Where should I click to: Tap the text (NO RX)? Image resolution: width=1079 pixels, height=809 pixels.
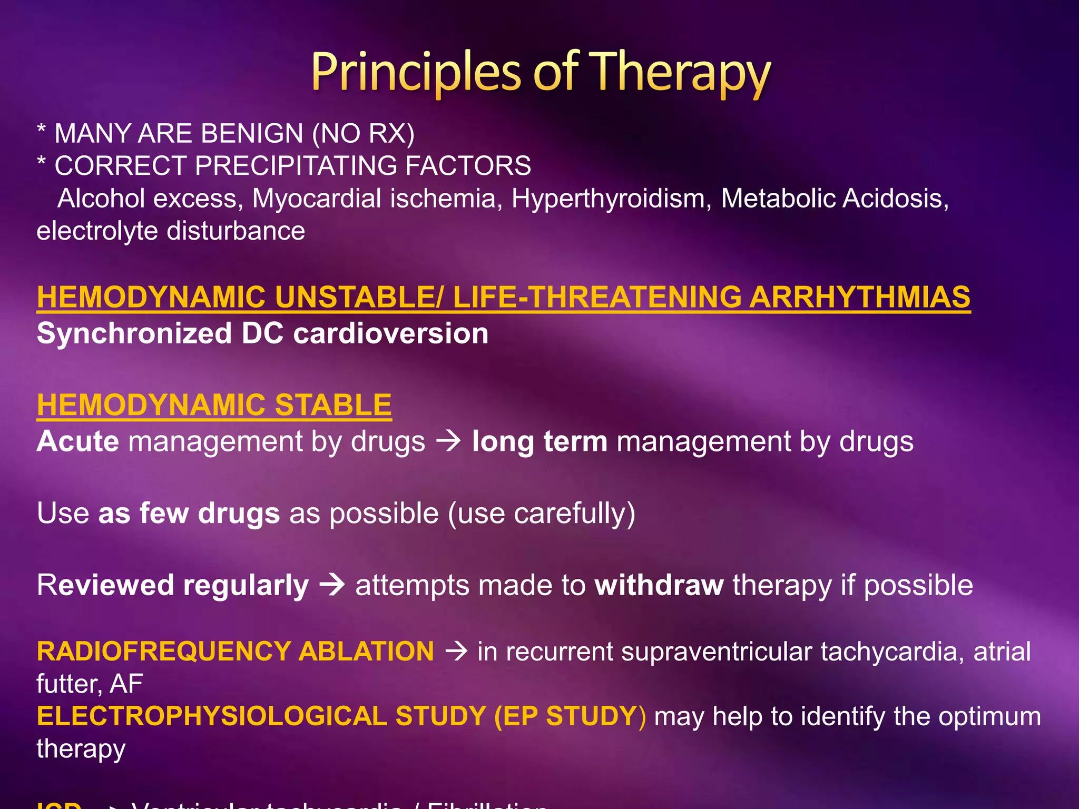(x=364, y=133)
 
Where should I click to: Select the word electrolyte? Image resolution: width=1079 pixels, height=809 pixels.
(x=97, y=231)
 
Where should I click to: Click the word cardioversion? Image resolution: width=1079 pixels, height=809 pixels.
(x=390, y=334)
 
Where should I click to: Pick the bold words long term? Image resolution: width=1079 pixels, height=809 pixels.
(x=539, y=441)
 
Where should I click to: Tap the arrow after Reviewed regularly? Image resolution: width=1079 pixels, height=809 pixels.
(x=332, y=585)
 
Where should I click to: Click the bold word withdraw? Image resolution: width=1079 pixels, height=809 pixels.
(x=659, y=585)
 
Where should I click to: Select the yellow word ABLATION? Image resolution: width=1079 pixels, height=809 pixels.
(x=366, y=652)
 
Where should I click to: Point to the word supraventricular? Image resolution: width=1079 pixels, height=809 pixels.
(x=717, y=652)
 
